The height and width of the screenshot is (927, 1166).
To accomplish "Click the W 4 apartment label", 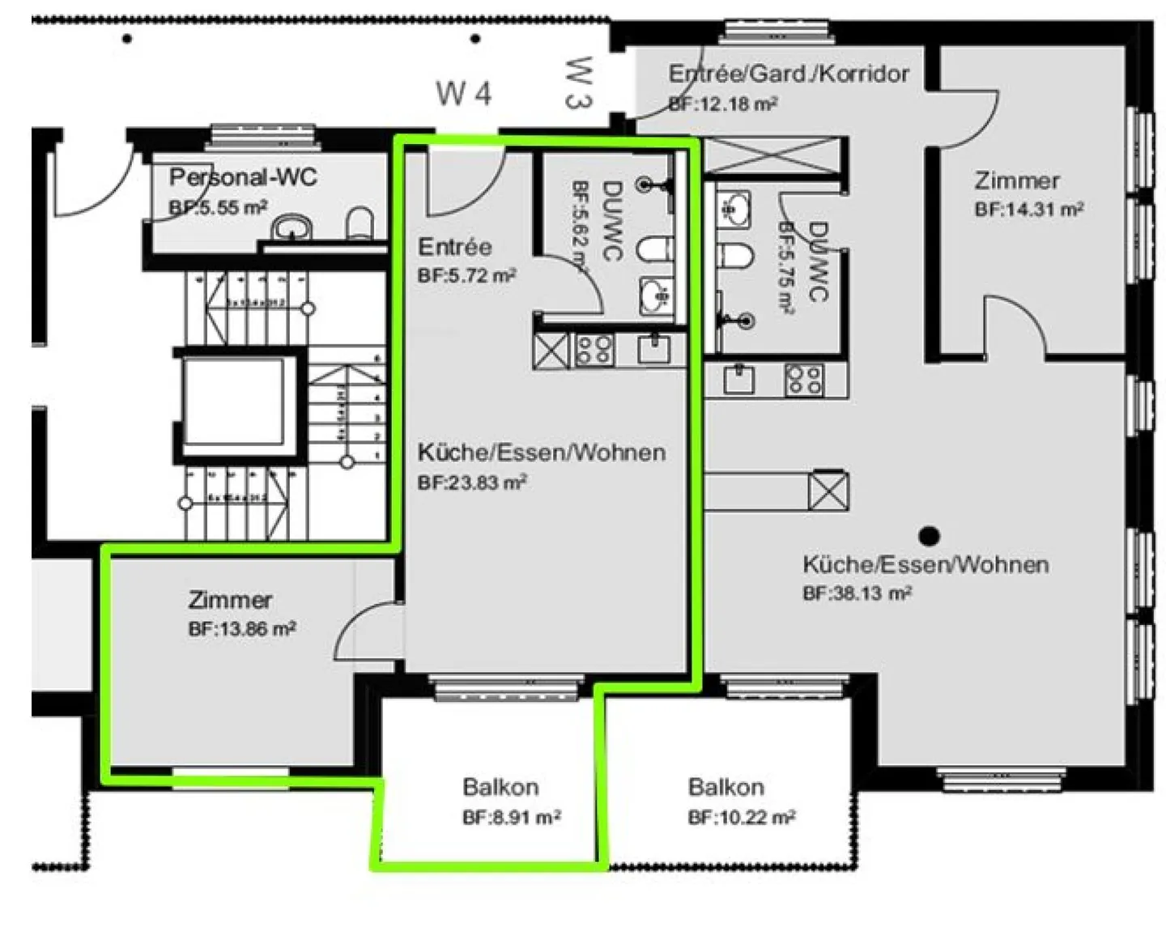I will [464, 93].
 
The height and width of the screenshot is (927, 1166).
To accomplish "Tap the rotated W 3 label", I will [580, 82].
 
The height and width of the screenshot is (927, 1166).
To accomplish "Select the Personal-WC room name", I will [243, 177].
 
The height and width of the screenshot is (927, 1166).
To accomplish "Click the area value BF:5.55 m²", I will [218, 207].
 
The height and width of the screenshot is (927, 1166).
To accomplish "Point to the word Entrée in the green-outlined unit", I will [454, 246].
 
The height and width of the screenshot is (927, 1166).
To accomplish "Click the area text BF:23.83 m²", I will [472, 483].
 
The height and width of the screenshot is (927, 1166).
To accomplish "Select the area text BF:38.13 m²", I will [857, 593].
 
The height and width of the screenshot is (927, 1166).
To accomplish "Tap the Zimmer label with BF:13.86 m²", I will [230, 600].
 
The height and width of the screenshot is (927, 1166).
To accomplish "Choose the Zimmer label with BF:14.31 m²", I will [1017, 180].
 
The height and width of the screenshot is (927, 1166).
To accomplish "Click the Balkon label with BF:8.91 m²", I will [500, 786].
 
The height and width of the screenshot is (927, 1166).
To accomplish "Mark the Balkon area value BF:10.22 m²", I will [741, 818].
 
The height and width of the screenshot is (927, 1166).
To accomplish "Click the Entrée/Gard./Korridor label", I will [788, 74].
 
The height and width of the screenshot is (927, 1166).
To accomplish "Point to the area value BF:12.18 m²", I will [723, 104].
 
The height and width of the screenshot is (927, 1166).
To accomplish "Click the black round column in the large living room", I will [930, 535].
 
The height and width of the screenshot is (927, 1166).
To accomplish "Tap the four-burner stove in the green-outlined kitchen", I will [594, 351].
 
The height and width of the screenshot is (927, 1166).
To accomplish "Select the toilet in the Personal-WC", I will [360, 224].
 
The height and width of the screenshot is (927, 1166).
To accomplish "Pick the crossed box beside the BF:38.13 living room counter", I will [828, 491].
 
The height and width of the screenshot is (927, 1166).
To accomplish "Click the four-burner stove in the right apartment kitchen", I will [804, 380].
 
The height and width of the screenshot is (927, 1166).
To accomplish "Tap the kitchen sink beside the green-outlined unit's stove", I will [653, 350].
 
